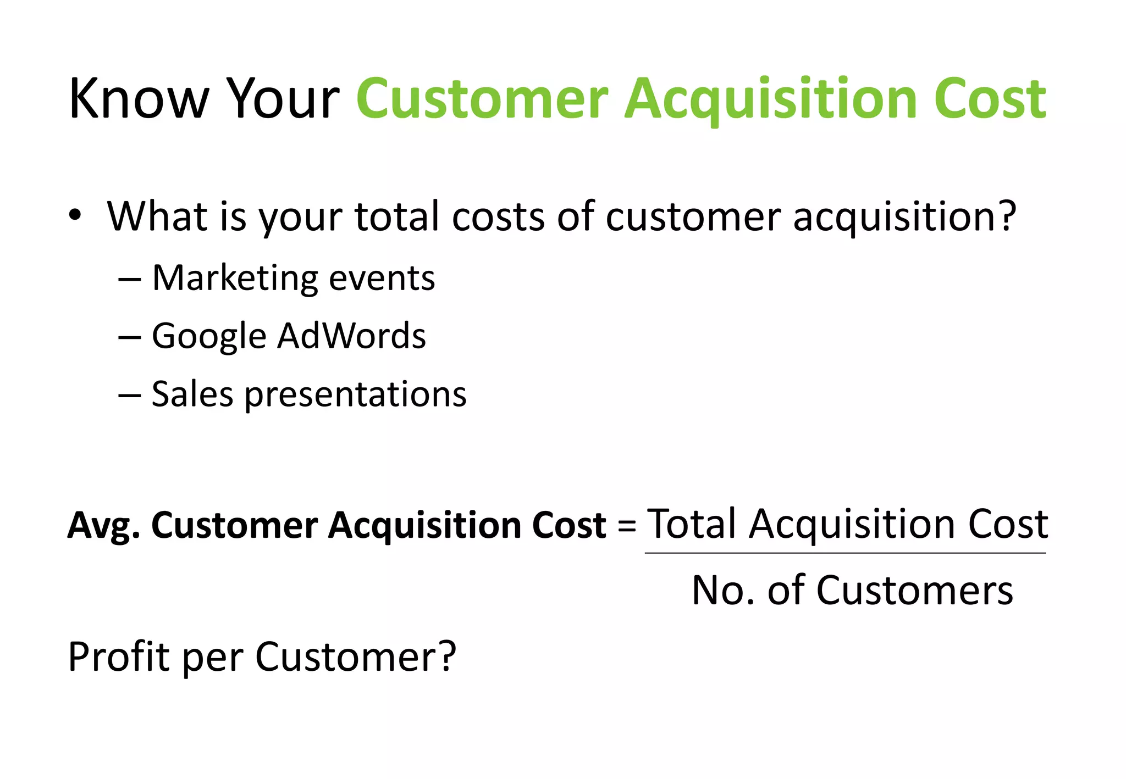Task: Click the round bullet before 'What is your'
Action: [75, 215]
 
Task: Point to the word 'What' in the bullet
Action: [157, 216]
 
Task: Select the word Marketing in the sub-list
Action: [235, 278]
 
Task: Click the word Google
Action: [209, 336]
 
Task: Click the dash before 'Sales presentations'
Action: [130, 395]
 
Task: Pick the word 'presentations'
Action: [355, 395]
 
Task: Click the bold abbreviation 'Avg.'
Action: [103, 526]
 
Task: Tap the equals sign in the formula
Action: [626, 525]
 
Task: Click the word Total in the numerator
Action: [692, 524]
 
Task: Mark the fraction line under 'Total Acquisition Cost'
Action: [845, 553]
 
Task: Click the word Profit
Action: [118, 656]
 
